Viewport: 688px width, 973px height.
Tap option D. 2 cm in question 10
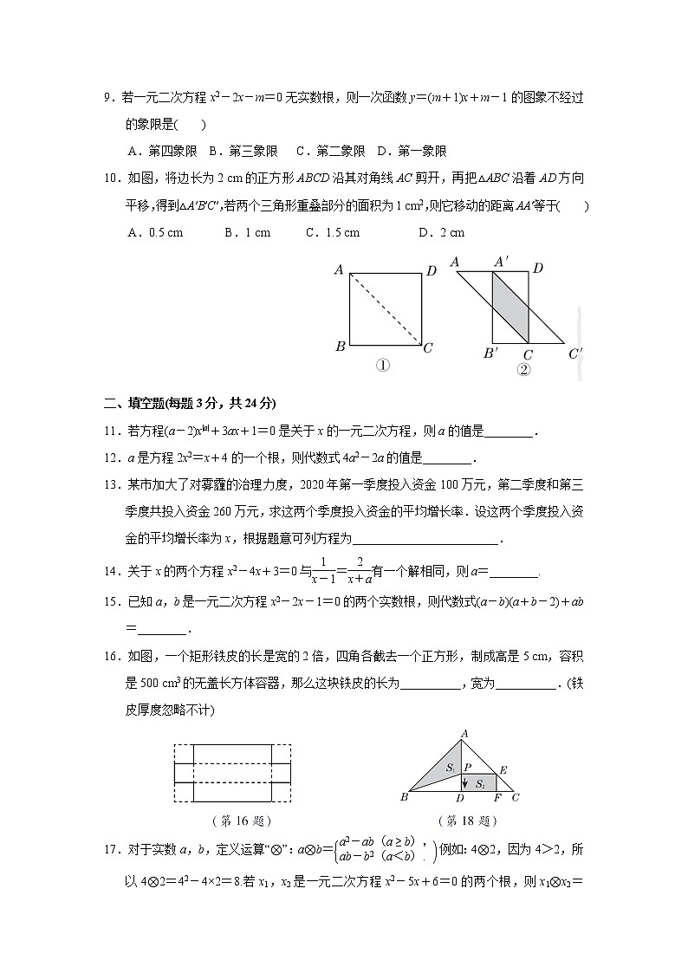point(441,232)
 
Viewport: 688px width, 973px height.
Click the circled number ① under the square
point(382,366)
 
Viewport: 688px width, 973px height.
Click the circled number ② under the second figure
point(523,370)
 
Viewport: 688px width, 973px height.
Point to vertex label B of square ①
point(340,347)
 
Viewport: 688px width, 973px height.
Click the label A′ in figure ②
point(501,263)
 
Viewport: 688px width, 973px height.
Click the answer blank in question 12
point(447,459)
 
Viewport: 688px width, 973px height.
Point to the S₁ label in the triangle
point(451,768)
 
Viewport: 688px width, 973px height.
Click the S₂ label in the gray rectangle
point(479,782)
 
